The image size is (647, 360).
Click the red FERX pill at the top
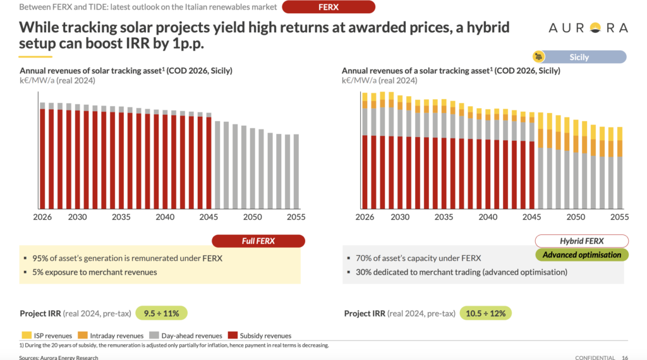(x=329, y=7)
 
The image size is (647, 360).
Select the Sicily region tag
(x=579, y=57)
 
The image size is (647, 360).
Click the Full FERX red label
(x=258, y=241)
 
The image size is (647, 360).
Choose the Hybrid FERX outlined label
(x=581, y=241)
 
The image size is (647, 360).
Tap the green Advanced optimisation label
(x=581, y=255)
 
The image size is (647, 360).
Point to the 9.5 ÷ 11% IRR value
(x=162, y=313)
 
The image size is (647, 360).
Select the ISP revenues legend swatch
(x=26, y=335)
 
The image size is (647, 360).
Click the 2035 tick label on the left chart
(x=121, y=217)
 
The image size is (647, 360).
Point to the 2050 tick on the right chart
(x=576, y=217)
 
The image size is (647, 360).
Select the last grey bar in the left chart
(x=296, y=171)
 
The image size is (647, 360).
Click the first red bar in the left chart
(x=42, y=159)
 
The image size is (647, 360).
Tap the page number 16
(x=624, y=357)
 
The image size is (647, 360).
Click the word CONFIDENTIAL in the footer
(x=595, y=357)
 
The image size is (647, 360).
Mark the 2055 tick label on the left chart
(x=296, y=217)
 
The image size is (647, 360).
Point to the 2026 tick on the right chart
(x=365, y=217)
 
